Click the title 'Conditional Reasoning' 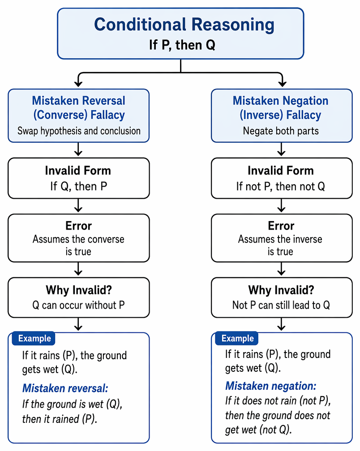(184, 25)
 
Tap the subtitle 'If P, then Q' (182, 45)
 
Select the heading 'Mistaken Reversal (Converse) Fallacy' (78, 108)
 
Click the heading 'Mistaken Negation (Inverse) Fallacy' (281, 108)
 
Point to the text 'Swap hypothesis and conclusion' (79, 131)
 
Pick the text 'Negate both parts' (281, 131)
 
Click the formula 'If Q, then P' (78, 187)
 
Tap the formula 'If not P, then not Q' (281, 187)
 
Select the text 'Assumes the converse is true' (78, 245)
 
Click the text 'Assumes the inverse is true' (280, 245)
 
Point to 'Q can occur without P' (78, 305)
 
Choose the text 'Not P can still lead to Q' (281, 305)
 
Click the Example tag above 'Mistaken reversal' (34, 338)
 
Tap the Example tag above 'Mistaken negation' (237, 338)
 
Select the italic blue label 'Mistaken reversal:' (65, 388)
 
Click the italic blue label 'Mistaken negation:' (271, 386)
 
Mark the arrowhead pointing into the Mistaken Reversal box (78, 84)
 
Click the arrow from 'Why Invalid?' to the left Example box (78, 324)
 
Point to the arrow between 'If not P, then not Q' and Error (281, 206)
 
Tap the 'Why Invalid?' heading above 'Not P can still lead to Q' (281, 290)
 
